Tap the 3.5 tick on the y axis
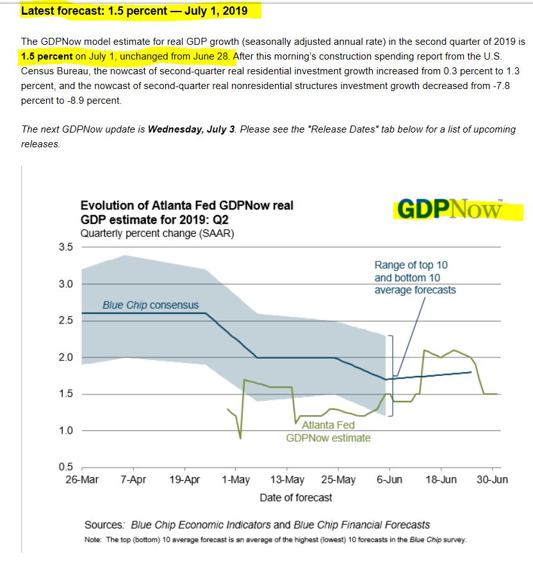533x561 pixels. [67, 247]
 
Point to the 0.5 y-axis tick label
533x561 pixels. [67, 467]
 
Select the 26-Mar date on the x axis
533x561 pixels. [82, 480]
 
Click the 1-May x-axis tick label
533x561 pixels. [236, 480]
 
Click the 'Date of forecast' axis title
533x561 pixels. [296, 497]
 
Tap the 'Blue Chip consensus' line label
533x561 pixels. [151, 305]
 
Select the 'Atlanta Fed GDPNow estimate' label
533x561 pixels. [328, 432]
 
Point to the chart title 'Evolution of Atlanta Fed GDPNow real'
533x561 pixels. [187, 206]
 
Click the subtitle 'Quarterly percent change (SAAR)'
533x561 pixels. [157, 233]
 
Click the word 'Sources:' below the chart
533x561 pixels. [104, 525]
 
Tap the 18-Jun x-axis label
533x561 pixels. [441, 480]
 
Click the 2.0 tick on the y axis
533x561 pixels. [67, 357]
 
